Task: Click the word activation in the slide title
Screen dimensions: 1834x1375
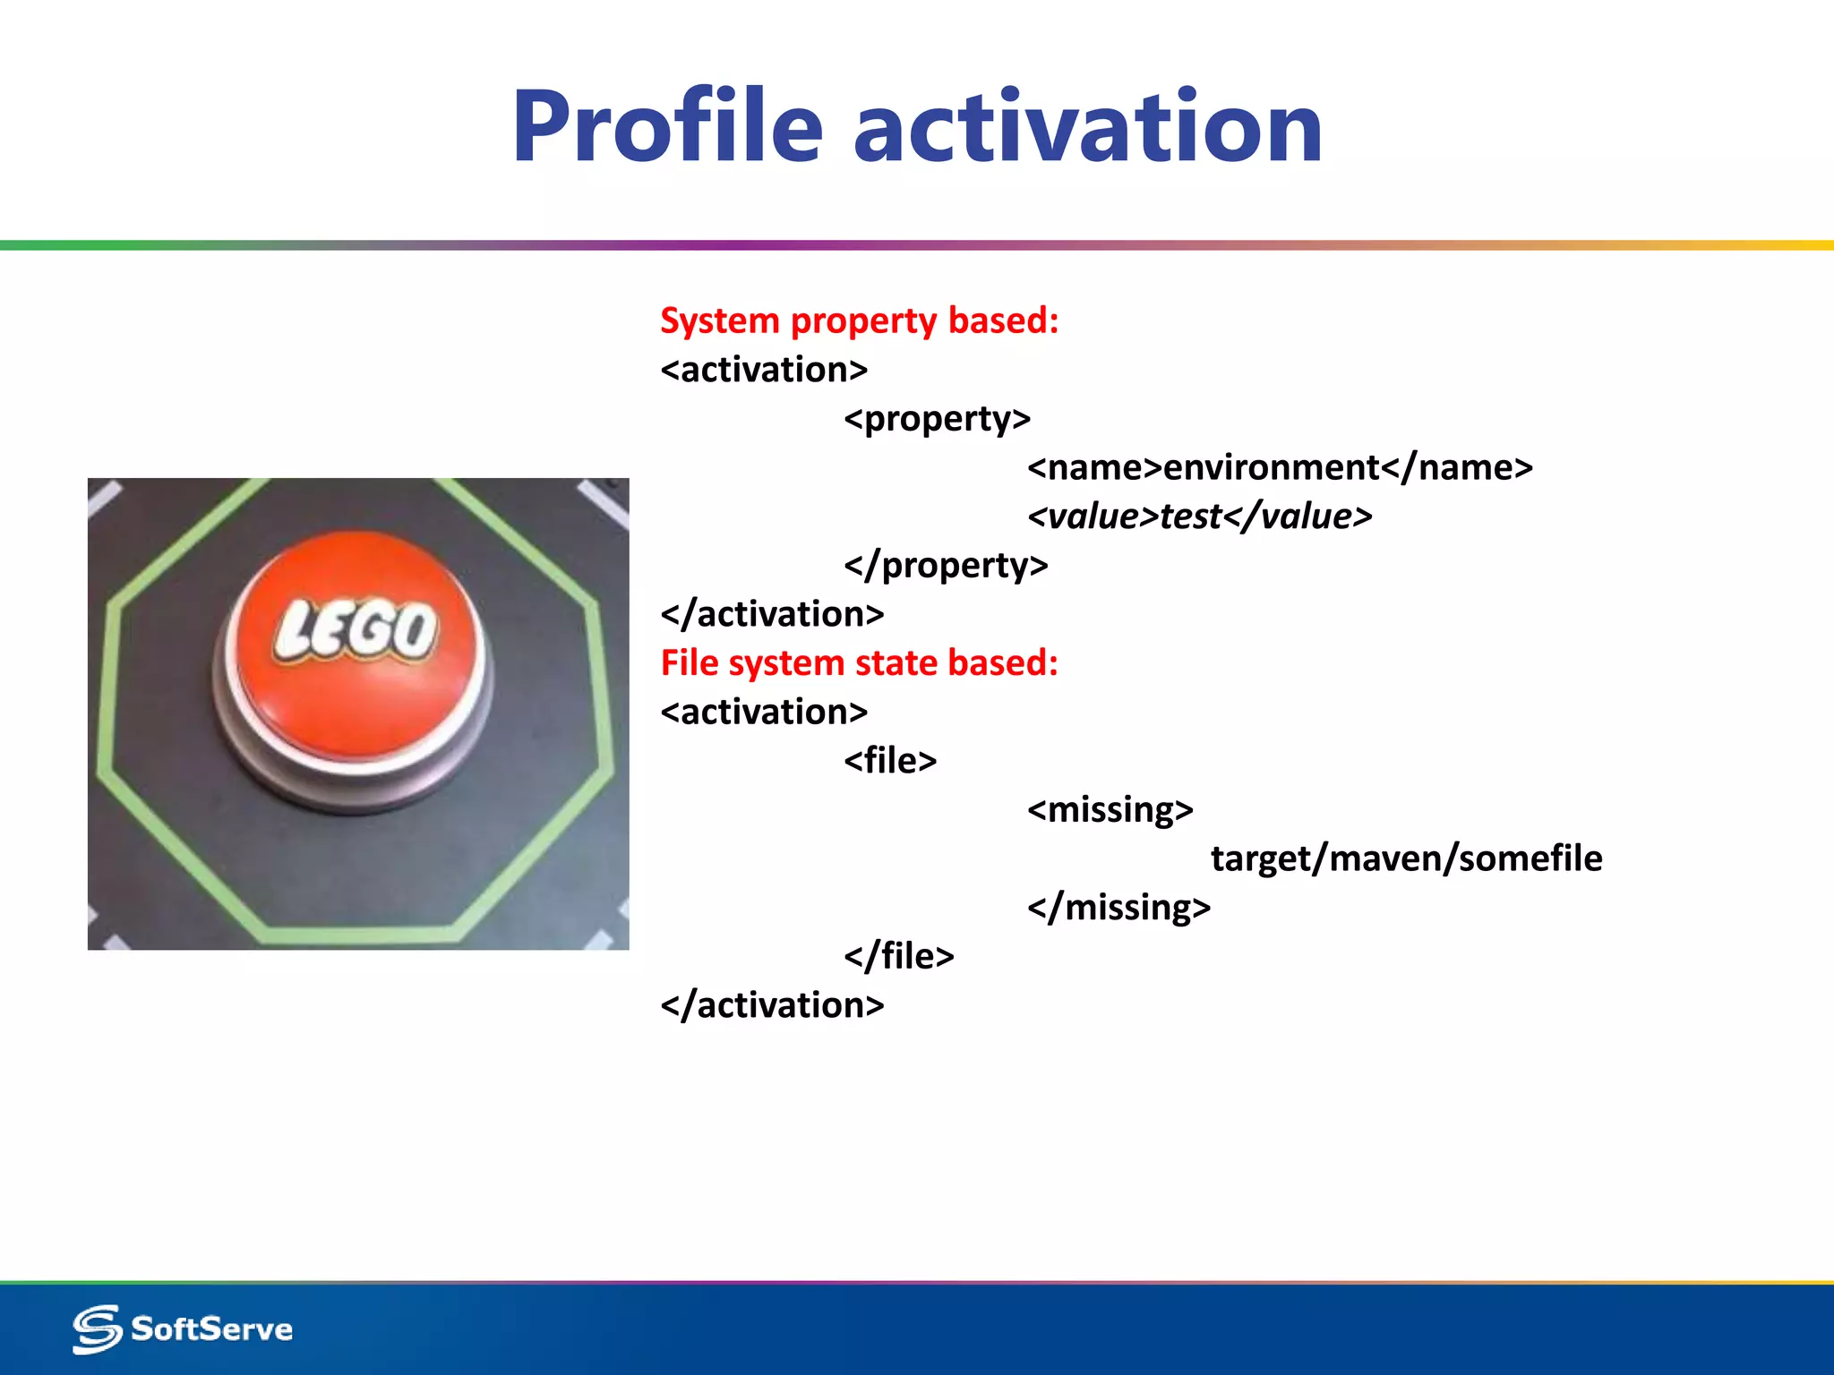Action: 1088,127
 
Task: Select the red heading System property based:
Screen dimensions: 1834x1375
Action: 860,320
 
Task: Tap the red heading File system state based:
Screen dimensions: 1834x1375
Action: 860,663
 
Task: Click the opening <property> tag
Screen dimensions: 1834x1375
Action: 938,419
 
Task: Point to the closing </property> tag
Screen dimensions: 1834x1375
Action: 946,566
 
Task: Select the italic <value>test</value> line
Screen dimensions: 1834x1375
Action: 1200,517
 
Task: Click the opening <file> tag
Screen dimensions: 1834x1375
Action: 890,761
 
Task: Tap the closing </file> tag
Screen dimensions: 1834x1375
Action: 899,956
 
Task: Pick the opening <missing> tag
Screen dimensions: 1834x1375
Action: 1110,810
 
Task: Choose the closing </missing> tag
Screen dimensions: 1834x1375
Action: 1119,908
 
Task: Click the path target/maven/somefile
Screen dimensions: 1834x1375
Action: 1406,858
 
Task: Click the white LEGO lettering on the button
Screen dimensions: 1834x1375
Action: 356,631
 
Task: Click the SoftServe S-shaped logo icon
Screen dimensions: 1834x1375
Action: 97,1329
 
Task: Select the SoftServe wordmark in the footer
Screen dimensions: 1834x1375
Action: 212,1329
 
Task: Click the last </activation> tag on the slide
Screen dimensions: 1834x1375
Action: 772,1005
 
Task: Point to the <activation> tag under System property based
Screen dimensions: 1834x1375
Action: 764,370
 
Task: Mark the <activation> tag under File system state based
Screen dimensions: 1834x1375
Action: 764,713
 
